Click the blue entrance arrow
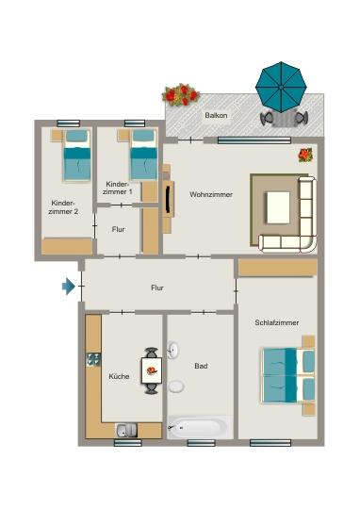click(68, 286)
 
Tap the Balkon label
click(215, 116)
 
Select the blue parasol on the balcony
click(283, 84)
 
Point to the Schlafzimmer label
click(276, 322)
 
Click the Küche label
click(119, 376)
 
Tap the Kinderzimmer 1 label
click(118, 188)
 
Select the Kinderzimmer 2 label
click(63, 206)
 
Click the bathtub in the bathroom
click(198, 428)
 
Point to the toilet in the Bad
click(175, 386)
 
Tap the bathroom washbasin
click(173, 351)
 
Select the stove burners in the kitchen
click(93, 358)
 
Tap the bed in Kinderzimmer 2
click(75, 156)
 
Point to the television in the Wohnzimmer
click(169, 197)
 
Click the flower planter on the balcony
click(181, 94)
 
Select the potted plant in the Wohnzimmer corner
click(305, 155)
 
